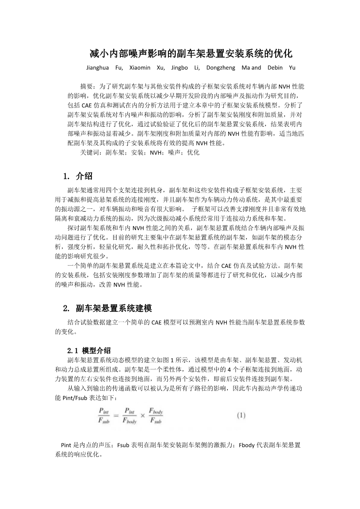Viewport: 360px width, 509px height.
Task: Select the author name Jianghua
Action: click(x=97, y=68)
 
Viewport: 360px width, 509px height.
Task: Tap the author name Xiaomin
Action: click(x=140, y=68)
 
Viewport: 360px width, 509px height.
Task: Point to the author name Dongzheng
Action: click(x=220, y=68)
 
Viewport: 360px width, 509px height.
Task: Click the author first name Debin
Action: click(x=275, y=68)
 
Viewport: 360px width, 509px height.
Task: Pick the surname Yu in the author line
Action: click(x=292, y=68)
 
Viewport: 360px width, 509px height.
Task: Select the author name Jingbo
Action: click(x=180, y=68)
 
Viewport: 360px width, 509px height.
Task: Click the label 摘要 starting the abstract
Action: click(x=86, y=86)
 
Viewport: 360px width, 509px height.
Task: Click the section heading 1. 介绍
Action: click(x=78, y=176)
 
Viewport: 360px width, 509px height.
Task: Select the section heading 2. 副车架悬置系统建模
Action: click(x=107, y=308)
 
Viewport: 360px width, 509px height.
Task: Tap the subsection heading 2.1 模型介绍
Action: click(x=89, y=350)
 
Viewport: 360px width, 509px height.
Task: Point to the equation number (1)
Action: click(x=241, y=415)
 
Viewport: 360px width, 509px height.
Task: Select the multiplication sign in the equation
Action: click(x=142, y=416)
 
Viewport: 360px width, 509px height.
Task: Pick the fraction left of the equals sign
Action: click(x=104, y=416)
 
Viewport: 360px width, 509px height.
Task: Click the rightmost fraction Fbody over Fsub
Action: click(x=156, y=416)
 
